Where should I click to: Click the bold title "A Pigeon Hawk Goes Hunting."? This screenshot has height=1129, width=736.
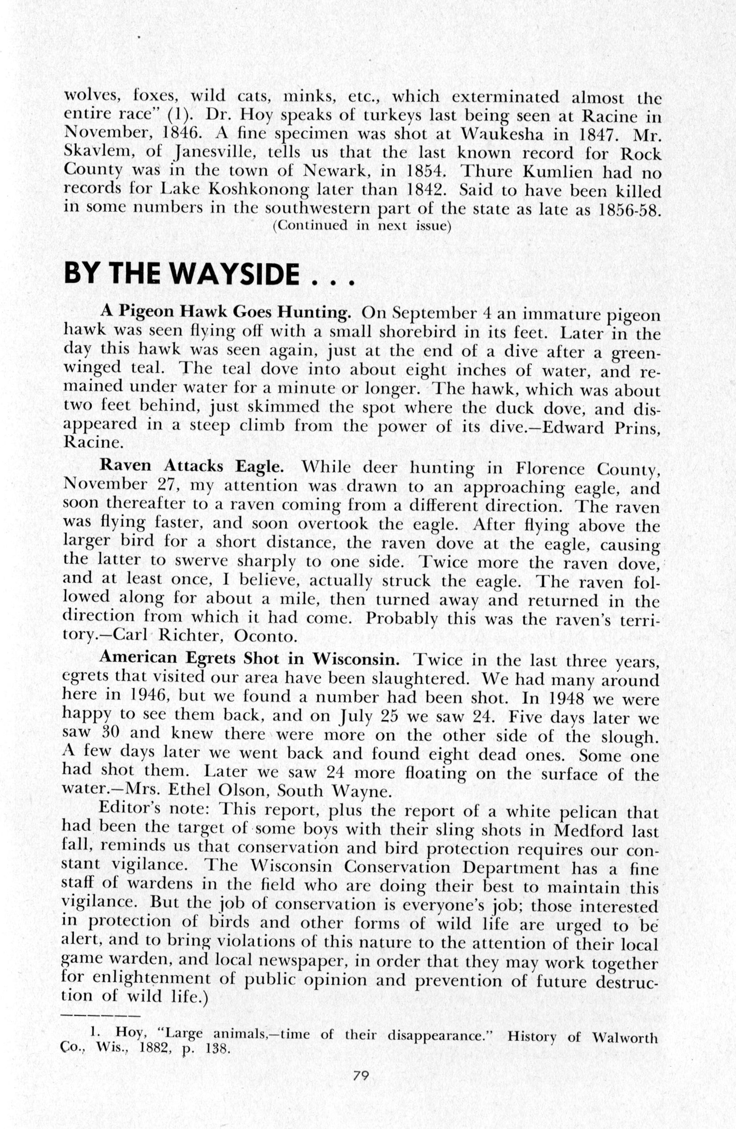(x=225, y=311)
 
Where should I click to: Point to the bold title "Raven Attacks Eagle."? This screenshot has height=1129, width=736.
(x=192, y=466)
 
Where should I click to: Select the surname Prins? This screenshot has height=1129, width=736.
(x=635, y=428)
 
